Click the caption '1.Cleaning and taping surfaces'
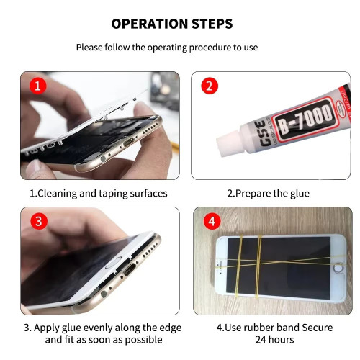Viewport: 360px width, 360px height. (x=98, y=193)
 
